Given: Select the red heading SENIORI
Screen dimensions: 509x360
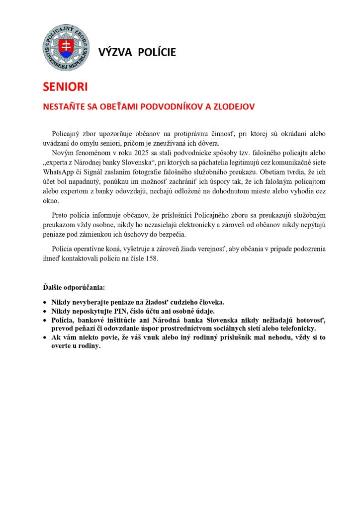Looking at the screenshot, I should pos(65,86).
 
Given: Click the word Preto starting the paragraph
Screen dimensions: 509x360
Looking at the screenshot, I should pos(61,215).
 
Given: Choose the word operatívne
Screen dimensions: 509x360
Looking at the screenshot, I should pos(95,248).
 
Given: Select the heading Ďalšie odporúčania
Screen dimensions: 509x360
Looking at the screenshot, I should pos(73,287).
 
